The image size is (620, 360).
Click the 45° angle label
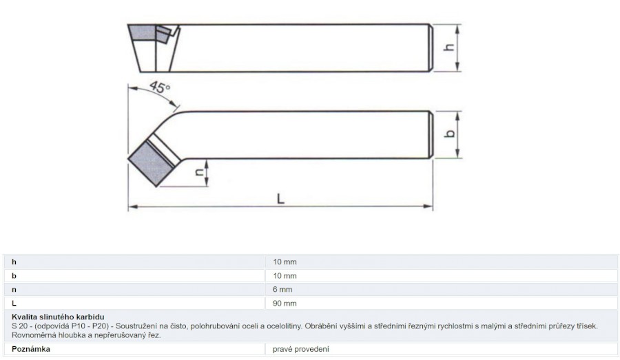coord(160,87)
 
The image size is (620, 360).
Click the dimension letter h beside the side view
coord(449,47)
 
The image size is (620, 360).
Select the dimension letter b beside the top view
coord(450,133)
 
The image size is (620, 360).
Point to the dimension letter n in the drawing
coord(200,171)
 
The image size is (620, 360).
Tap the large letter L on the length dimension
coord(280,198)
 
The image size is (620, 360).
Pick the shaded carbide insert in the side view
coord(141,32)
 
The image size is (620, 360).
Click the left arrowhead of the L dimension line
coord(133,207)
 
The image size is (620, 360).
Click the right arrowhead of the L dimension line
coord(428,207)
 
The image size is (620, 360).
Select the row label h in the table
coord(14,262)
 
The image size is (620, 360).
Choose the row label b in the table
coord(14,276)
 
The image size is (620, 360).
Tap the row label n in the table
coord(14,290)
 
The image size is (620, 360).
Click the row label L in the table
coord(14,303)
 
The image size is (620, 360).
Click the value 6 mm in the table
coord(282,290)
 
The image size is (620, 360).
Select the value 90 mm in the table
coord(285,304)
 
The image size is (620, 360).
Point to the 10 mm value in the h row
coord(285,262)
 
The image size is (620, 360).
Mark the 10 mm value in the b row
coord(285,276)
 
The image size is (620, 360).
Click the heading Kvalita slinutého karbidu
coord(58,317)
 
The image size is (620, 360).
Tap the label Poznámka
coord(31,349)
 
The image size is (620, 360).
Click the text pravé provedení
coord(300,349)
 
